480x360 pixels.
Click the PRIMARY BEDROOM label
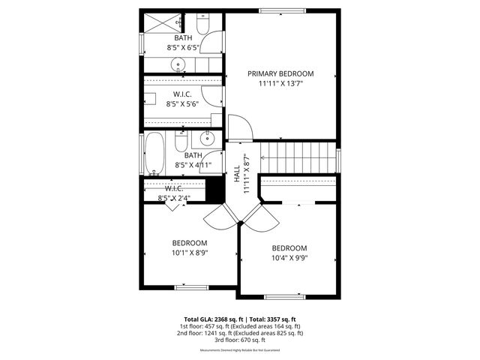[280, 73]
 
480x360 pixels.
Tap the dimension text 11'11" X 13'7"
[280, 84]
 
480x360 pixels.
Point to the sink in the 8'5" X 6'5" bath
[179, 63]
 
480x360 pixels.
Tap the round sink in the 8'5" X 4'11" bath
[208, 139]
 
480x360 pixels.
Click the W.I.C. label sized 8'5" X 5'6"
[183, 94]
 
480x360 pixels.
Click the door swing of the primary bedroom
[237, 126]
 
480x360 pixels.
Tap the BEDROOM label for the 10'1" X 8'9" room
[190, 243]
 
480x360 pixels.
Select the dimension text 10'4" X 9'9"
[289, 258]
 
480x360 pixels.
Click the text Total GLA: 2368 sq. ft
[211, 319]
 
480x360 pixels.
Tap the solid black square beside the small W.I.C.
[216, 189]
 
